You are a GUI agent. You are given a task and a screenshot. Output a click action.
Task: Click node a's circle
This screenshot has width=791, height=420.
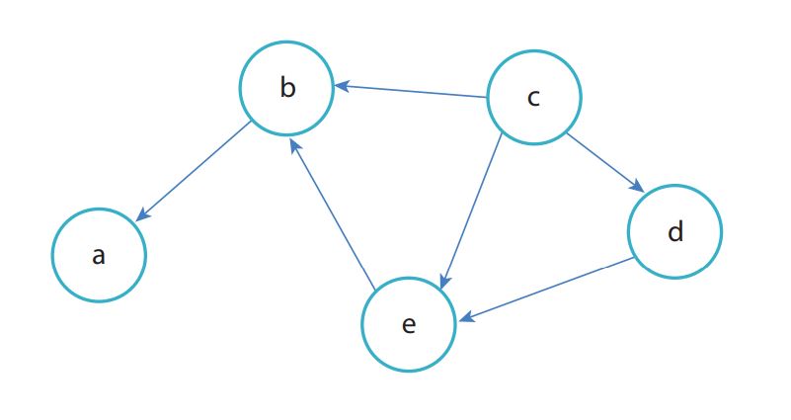tap(99, 255)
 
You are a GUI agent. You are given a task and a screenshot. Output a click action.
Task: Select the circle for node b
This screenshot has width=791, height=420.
tap(286, 88)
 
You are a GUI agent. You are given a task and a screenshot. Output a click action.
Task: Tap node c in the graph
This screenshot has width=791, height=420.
tap(533, 98)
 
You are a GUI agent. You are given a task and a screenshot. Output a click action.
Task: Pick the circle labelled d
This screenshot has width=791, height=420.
tap(675, 231)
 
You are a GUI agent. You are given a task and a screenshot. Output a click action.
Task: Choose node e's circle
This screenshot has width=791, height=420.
tap(409, 324)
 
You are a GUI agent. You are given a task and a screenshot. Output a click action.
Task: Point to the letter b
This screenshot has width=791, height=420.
tap(287, 87)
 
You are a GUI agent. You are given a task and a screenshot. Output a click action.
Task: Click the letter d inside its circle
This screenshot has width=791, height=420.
tap(675, 230)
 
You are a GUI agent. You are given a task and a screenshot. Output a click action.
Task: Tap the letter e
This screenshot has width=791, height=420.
tap(409, 324)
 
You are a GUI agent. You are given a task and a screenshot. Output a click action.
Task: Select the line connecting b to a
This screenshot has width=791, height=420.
tap(194, 171)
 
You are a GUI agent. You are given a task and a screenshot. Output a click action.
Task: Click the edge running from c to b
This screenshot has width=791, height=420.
tap(410, 91)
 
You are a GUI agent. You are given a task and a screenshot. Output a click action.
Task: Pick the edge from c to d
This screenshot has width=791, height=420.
tap(606, 162)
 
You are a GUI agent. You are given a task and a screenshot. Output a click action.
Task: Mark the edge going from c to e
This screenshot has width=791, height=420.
tap(471, 211)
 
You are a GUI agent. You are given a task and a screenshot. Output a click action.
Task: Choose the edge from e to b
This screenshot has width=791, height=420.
tap(333, 214)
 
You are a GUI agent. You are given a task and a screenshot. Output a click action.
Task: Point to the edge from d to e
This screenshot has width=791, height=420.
tap(547, 290)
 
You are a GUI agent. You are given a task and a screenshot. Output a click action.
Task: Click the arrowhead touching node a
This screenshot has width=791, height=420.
tap(143, 215)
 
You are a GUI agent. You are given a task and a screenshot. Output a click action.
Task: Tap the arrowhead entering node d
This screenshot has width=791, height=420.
tap(638, 187)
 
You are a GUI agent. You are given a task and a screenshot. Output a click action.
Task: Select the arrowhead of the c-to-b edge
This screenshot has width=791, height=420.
tap(342, 86)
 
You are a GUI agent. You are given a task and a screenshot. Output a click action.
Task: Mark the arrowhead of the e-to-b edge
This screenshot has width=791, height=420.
tap(295, 146)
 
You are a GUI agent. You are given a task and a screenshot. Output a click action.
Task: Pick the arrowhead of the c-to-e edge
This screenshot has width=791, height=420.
tap(444, 283)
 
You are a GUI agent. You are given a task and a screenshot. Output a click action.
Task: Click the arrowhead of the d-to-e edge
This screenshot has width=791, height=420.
tap(467, 317)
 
